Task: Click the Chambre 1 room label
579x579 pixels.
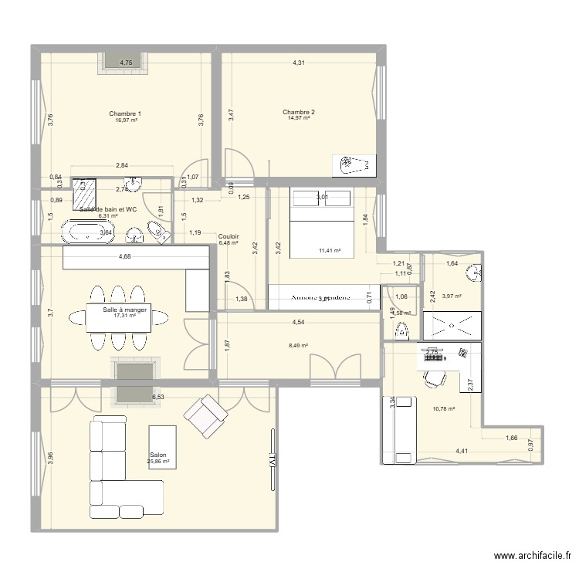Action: tap(126, 113)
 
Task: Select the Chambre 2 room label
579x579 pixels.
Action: tap(298, 112)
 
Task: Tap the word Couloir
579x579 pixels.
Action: tap(229, 237)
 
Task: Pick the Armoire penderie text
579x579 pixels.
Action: tap(320, 296)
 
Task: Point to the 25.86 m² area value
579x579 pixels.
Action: tap(160, 462)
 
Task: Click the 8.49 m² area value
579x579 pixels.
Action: tap(299, 346)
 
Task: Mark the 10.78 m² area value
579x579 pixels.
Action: tap(443, 409)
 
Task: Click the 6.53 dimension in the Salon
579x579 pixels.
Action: tap(157, 397)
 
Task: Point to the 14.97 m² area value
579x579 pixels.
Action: tap(298, 119)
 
